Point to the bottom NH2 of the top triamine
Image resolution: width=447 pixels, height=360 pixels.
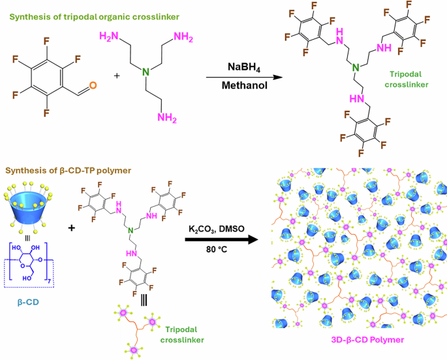(x=171, y=118)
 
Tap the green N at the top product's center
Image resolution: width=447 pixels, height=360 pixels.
(x=356, y=68)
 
